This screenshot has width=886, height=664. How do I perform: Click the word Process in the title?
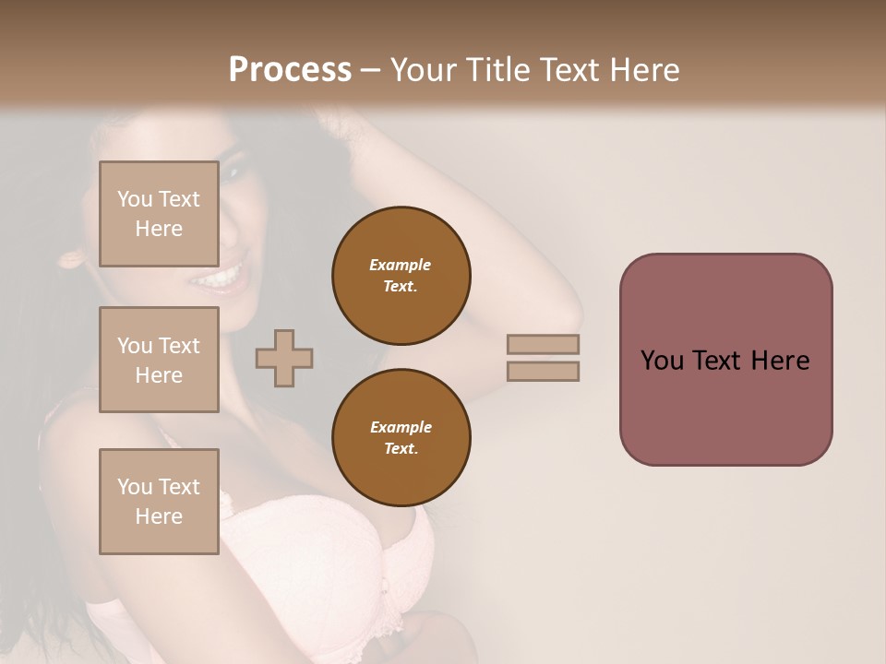290,70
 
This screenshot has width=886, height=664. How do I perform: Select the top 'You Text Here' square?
159,214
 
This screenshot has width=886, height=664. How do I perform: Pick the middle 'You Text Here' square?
159,360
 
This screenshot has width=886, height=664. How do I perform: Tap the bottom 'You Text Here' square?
159,502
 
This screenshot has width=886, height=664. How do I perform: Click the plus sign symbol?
284,358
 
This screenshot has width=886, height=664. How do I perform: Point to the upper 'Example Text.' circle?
401,276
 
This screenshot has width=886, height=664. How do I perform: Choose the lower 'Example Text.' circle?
401,438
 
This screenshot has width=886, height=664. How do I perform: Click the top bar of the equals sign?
544,344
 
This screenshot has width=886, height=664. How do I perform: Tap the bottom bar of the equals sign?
544,371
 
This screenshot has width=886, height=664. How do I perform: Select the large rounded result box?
725,359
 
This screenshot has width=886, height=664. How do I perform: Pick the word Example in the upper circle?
401,265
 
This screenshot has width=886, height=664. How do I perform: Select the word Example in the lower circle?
401,427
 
